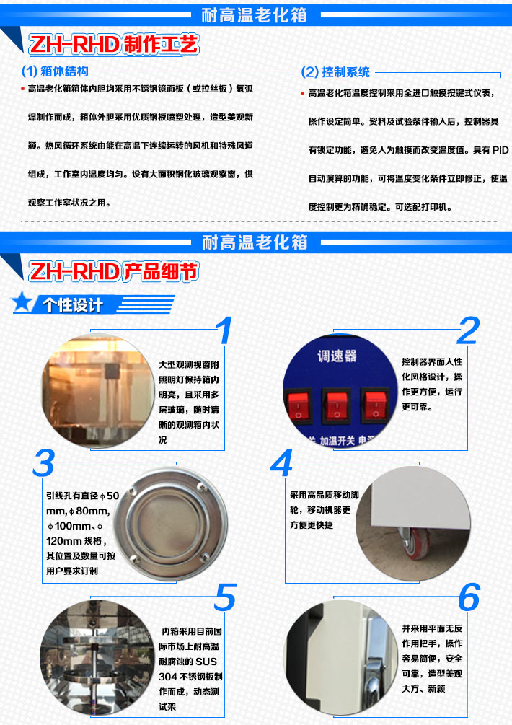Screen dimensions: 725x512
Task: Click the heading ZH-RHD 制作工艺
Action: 112,45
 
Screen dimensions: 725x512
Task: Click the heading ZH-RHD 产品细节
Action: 112,272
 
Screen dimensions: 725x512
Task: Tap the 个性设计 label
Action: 72,304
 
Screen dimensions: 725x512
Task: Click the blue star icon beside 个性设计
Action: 24,303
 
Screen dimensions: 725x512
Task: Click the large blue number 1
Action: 225,330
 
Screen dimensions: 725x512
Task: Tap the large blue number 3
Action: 43,464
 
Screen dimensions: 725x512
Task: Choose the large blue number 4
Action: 282,464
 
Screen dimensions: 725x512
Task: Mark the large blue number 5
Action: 225,598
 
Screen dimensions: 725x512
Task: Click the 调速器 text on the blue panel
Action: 337,356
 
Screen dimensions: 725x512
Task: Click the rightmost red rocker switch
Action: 374,406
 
